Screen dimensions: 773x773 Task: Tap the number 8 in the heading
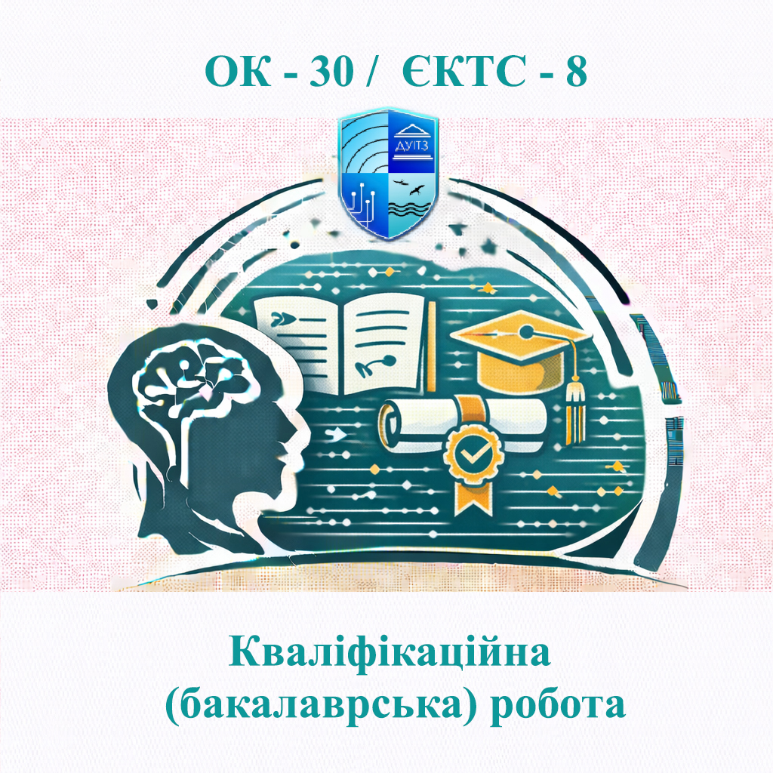coord(576,72)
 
